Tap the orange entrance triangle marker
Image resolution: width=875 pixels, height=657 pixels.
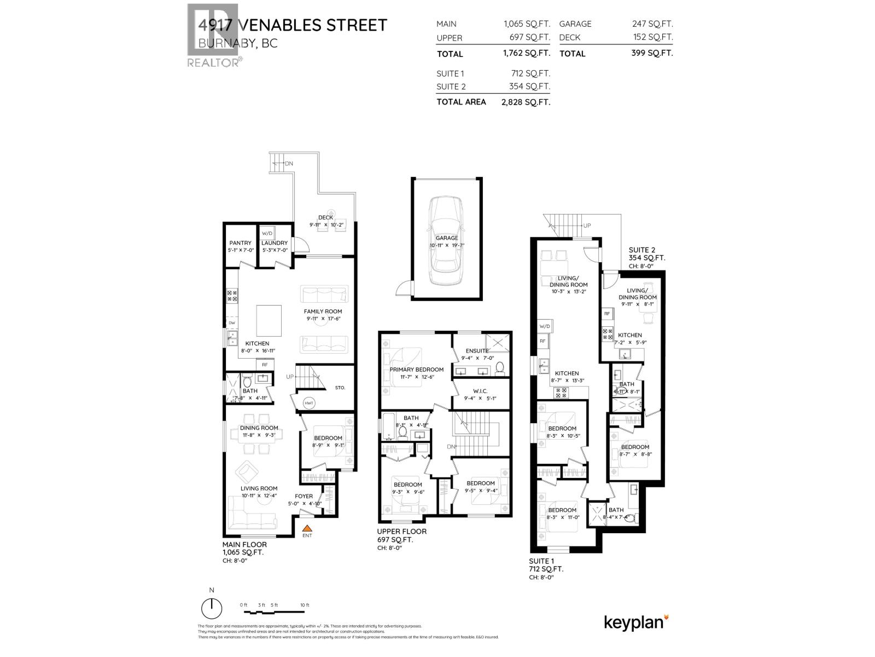[x=307, y=528]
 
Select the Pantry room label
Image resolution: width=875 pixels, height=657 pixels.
[x=241, y=243]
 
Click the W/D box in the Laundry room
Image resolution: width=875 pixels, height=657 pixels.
[x=267, y=232]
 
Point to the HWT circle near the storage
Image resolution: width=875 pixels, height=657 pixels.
[x=309, y=403]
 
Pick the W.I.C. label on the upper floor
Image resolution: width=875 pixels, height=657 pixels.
[x=480, y=391]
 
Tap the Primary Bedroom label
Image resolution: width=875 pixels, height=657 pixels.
[x=416, y=370]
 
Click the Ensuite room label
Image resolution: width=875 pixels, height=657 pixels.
[x=477, y=351]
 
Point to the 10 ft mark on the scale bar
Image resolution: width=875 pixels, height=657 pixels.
[x=305, y=605]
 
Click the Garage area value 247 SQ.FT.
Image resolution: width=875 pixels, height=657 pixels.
[x=652, y=24]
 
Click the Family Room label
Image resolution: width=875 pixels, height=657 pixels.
[x=323, y=312]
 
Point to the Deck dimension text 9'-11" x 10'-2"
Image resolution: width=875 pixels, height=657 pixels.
[x=325, y=224]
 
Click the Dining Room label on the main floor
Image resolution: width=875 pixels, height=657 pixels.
[x=259, y=428]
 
